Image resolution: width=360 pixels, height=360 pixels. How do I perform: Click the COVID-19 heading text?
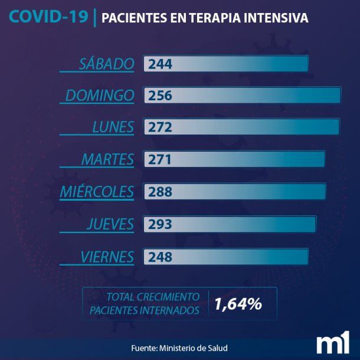(x=48, y=17)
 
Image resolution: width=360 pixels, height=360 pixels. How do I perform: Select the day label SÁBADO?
(x=107, y=64)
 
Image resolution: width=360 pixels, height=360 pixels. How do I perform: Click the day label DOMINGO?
(x=100, y=96)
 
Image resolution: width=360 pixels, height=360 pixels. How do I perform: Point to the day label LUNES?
(x=113, y=127)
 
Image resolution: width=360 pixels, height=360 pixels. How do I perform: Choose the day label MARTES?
(x=107, y=159)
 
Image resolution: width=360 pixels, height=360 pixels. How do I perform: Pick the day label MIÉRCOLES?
(x=97, y=192)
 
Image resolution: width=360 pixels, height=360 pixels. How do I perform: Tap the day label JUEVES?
(x=110, y=224)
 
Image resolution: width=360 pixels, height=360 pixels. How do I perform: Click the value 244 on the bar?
(x=161, y=64)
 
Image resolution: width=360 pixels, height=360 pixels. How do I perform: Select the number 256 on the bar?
(x=161, y=96)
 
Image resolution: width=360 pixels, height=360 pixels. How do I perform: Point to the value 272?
(x=161, y=127)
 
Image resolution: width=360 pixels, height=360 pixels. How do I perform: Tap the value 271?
(x=161, y=160)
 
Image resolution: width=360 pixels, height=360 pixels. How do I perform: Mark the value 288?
(x=161, y=192)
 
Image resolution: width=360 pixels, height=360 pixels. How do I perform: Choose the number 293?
(x=161, y=224)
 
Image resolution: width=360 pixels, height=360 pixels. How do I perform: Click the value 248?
(x=161, y=257)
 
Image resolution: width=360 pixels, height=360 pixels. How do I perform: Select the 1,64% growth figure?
(x=238, y=304)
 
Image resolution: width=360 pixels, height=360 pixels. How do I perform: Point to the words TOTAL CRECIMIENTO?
(x=152, y=297)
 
